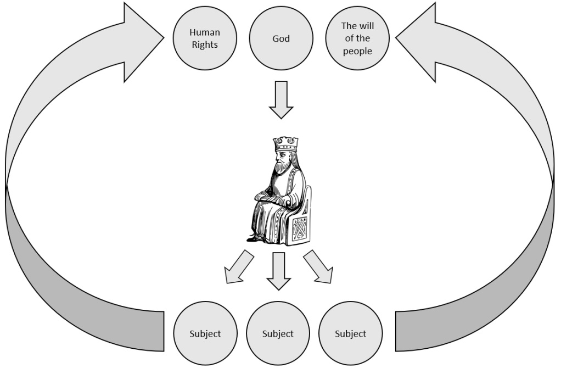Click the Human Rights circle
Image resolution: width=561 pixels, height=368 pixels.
(x=205, y=38)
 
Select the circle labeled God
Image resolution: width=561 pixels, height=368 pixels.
(x=281, y=38)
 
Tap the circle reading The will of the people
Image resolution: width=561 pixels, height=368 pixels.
(x=357, y=38)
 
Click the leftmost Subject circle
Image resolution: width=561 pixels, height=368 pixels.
(x=205, y=333)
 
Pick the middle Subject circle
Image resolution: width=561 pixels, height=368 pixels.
(x=278, y=333)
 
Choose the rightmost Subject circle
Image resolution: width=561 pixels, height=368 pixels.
(x=350, y=333)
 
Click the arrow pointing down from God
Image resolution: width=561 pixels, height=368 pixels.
(x=281, y=99)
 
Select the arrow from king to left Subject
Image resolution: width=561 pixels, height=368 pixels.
(x=238, y=267)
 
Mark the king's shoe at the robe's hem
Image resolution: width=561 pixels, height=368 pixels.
(x=252, y=238)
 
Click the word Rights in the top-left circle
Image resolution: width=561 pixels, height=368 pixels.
(x=205, y=45)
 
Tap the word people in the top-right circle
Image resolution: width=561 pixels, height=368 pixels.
(x=357, y=51)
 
